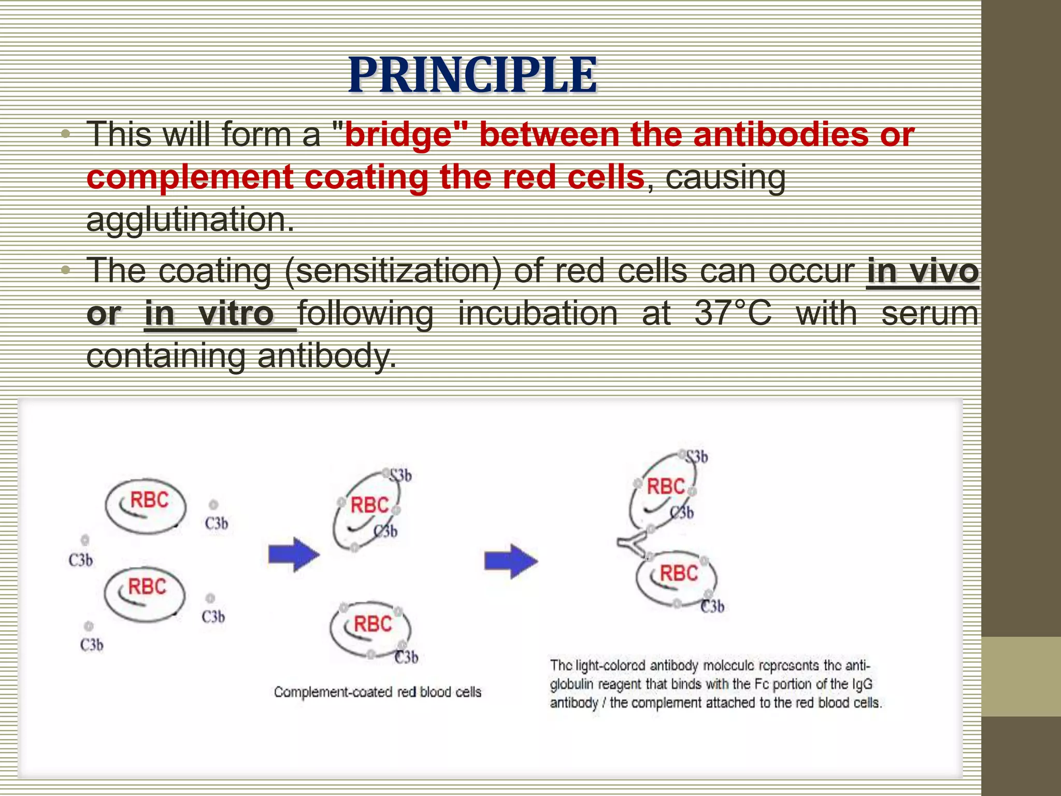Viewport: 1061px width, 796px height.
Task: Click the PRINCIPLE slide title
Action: pyautogui.click(x=472, y=76)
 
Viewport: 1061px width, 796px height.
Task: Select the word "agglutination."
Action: pyautogui.click(x=190, y=220)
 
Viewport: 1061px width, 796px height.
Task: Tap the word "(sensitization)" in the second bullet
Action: pyautogui.click(x=393, y=271)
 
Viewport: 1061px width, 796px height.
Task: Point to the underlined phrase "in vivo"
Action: pyautogui.click(x=922, y=271)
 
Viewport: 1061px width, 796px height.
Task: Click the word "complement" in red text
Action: pyautogui.click(x=190, y=177)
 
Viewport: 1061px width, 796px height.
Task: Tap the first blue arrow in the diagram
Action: pyautogui.click(x=294, y=555)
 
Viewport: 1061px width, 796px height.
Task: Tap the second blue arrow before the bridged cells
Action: pyautogui.click(x=511, y=561)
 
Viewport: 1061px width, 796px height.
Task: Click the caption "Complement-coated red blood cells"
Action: pyautogui.click(x=378, y=692)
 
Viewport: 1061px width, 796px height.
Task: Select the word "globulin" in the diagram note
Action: pyautogui.click(x=571, y=684)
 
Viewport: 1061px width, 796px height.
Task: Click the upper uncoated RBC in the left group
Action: pyautogui.click(x=146, y=505)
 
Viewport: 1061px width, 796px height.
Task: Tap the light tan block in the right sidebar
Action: pyautogui.click(x=1021, y=676)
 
